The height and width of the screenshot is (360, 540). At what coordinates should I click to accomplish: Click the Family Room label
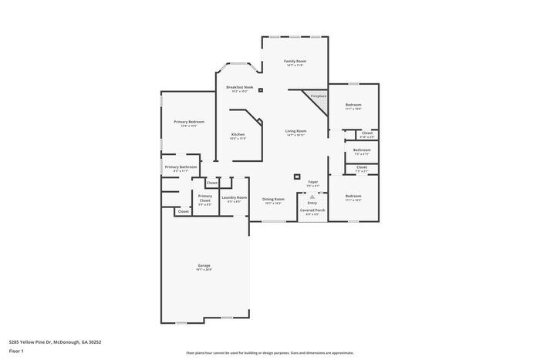[295, 61]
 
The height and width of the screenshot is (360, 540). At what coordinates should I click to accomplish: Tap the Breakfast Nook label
[239, 87]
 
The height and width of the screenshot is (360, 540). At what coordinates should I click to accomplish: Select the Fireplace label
[319, 96]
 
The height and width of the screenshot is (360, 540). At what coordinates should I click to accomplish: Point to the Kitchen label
[238, 134]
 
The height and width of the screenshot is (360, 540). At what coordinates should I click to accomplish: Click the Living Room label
[295, 131]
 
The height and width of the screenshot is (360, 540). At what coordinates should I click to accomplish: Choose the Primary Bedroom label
[188, 122]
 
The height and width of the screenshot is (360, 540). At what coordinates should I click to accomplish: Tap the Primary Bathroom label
[181, 167]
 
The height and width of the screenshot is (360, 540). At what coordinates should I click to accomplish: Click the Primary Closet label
[204, 197]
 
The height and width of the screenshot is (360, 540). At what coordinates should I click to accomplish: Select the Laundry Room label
[234, 197]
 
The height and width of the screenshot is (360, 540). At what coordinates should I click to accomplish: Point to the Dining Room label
[273, 199]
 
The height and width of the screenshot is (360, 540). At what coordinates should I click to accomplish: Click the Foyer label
[312, 182]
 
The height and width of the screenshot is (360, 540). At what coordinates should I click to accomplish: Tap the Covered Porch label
[312, 210]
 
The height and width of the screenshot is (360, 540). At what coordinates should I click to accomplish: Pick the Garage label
[204, 265]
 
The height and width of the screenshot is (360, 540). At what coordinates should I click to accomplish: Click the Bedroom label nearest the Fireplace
[353, 105]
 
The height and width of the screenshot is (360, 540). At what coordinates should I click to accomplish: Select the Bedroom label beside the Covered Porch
[353, 196]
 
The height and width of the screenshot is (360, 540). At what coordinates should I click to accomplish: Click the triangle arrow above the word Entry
[312, 197]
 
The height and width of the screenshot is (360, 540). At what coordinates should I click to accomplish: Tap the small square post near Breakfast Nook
[261, 90]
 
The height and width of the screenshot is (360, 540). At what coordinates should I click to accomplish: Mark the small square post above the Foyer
[297, 177]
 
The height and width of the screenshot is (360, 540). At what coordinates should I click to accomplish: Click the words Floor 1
[16, 351]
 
